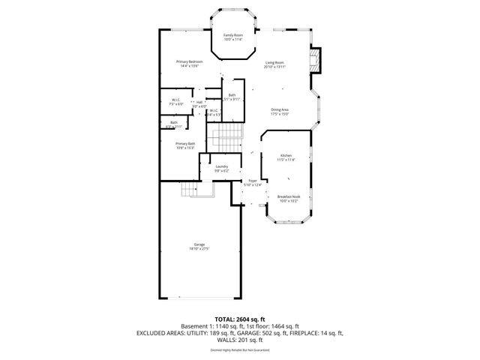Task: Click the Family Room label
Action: click(x=233, y=35)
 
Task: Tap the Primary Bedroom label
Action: click(x=190, y=61)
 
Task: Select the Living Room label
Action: click(x=274, y=62)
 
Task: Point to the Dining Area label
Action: click(x=280, y=110)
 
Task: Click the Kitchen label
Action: click(x=286, y=155)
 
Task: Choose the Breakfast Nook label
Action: click(x=288, y=196)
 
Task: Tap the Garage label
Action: click(x=199, y=244)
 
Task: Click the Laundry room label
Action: click(x=221, y=166)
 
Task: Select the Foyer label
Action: click(x=253, y=181)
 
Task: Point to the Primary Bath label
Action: click(x=185, y=143)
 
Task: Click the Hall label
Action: click(x=199, y=103)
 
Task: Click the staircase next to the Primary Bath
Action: click(x=226, y=137)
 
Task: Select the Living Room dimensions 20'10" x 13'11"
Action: click(x=274, y=67)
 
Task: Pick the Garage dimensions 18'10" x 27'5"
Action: click(x=199, y=249)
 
